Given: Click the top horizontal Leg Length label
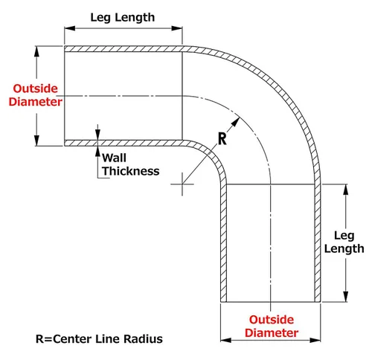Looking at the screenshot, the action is coord(123,18).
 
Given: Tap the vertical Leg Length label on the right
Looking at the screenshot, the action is coord(344,242).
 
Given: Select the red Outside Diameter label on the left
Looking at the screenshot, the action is coord(36,95).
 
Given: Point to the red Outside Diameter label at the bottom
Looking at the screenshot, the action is coord(272,326).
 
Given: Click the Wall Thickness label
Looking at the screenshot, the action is coord(131,164).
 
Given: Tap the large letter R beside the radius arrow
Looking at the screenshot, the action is coord(222,139).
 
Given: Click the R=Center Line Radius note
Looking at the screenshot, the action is coord(99,339).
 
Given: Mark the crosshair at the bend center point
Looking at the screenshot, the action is coord(182,184).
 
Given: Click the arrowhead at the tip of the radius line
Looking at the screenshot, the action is coord(236,122).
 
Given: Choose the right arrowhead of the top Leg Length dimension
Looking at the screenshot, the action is coord(177,28).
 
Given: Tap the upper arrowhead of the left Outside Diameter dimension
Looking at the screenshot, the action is coord(36,51).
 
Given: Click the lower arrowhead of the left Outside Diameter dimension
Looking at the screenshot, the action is coord(36,141).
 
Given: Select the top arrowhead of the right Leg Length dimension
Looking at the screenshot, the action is coord(346,190).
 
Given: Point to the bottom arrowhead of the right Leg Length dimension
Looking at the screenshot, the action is coord(346,297).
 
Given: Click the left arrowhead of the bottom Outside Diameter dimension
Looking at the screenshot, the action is coord(226,340).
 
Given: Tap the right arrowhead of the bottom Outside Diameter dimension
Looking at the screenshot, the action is coord(315,340).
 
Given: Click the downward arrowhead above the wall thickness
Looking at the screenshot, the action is coord(97,135).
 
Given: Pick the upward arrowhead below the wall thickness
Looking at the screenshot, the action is coord(97,151).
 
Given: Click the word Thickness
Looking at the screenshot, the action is coord(131,171).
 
